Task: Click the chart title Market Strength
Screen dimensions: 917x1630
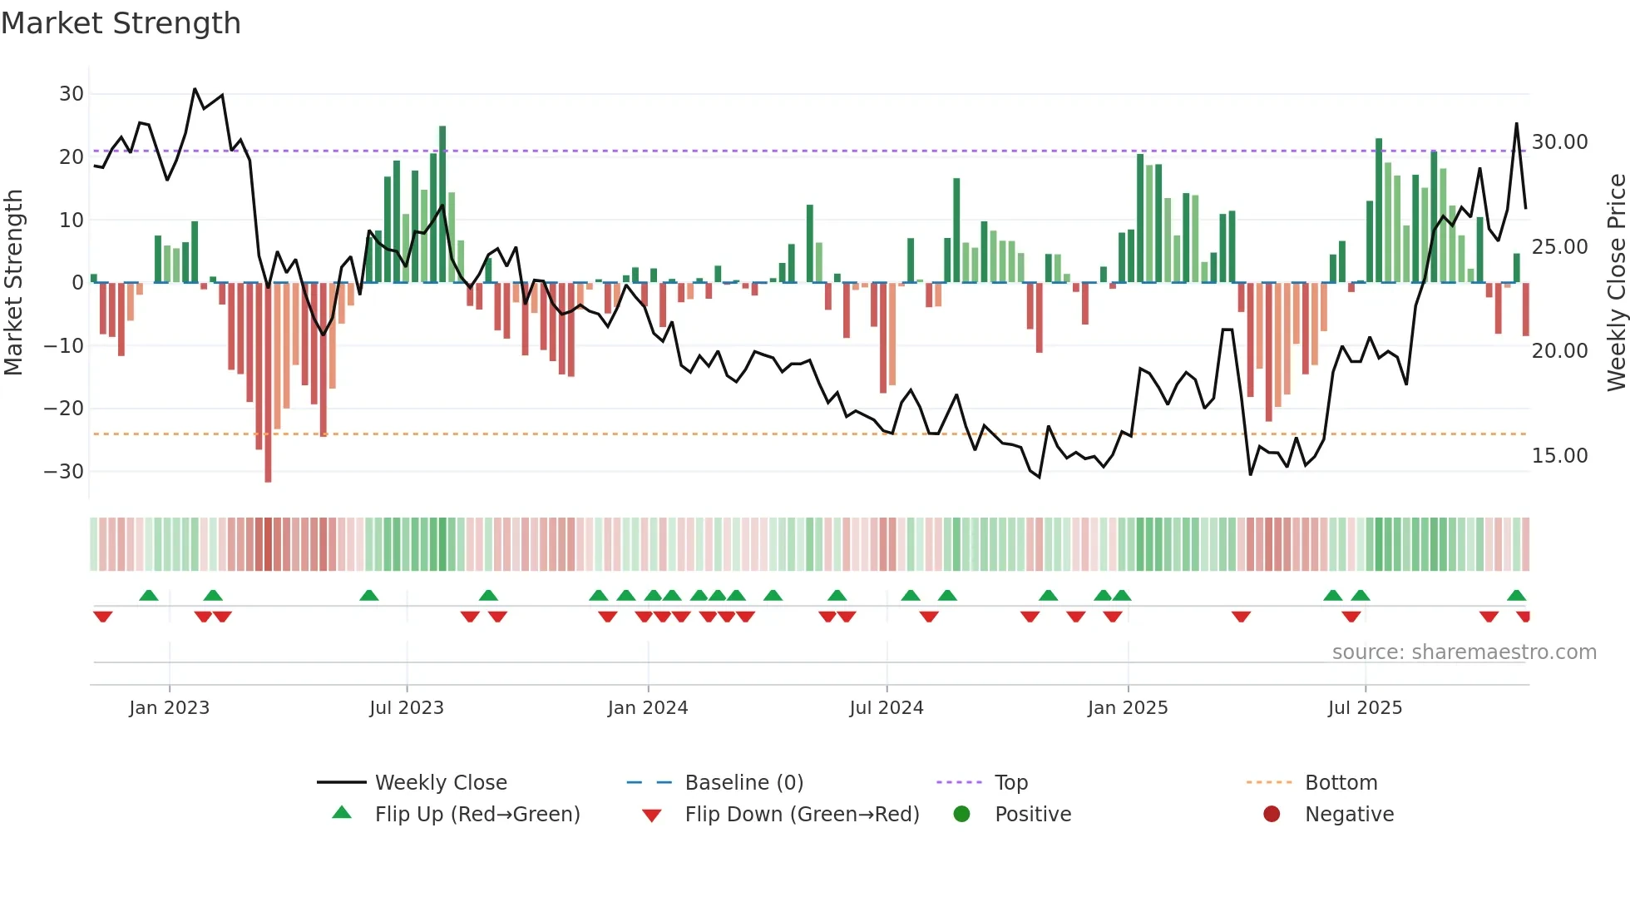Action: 121,23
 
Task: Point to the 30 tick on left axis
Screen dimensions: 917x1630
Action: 72,94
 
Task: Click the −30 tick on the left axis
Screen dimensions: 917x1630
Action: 65,472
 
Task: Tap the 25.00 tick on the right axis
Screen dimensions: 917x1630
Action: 1559,247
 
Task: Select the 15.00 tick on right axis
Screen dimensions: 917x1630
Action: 1559,456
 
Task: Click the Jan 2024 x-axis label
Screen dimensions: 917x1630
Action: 648,708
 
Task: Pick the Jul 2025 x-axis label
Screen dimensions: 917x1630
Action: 1365,708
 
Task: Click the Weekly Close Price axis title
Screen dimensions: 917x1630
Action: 1616,283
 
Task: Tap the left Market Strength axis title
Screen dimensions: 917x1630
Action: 14,283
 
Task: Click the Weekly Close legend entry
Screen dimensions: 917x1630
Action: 441,783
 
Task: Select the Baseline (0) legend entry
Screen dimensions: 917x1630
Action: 743,783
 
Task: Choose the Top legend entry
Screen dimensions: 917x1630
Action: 1011,783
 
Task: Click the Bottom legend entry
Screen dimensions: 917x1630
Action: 1341,783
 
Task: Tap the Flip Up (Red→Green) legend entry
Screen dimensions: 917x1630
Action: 477,815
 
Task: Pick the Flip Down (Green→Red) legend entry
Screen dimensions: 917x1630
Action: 802,815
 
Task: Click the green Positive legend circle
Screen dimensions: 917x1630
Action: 962,815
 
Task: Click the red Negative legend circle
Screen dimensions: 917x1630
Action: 1272,815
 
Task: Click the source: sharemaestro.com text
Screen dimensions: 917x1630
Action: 1464,652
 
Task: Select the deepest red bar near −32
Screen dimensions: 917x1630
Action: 268,383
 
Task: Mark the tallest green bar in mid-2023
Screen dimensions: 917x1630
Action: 442,204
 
